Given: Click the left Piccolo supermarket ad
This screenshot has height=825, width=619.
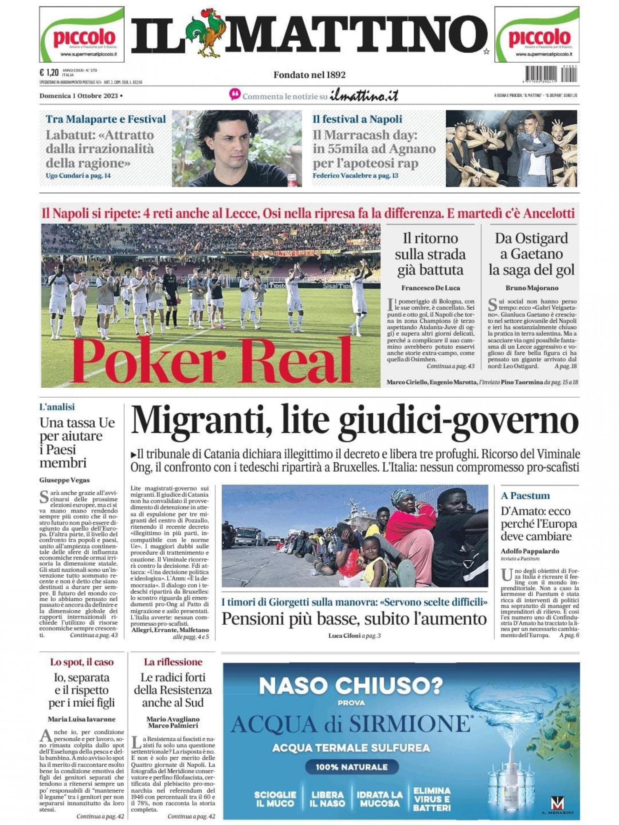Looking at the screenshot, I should point(82,35).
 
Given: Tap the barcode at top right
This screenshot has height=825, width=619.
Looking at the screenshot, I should point(551,74).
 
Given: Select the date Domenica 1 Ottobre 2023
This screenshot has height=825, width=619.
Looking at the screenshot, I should point(79,96).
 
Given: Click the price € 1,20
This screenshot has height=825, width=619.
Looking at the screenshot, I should point(49,73).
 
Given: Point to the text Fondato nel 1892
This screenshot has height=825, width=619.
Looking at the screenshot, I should point(309,75).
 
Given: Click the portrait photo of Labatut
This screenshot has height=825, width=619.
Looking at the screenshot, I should point(236,148).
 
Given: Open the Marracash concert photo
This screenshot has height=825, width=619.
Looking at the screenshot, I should point(511,148).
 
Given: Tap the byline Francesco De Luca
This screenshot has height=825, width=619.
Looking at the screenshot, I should point(430,288).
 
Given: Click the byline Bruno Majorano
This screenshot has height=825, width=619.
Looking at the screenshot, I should point(532,288).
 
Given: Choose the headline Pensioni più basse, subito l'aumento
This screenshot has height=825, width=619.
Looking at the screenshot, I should point(354,619).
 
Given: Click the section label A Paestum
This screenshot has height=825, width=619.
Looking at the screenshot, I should point(525,495).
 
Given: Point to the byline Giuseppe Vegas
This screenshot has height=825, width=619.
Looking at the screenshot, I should point(64,480).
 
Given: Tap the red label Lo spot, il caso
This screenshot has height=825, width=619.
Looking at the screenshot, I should point(82,662).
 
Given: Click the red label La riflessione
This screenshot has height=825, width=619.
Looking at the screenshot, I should point(173,662).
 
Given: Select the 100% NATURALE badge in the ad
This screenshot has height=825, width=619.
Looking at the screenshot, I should point(352,767).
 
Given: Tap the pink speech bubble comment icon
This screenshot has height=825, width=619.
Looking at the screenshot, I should point(235,95).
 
